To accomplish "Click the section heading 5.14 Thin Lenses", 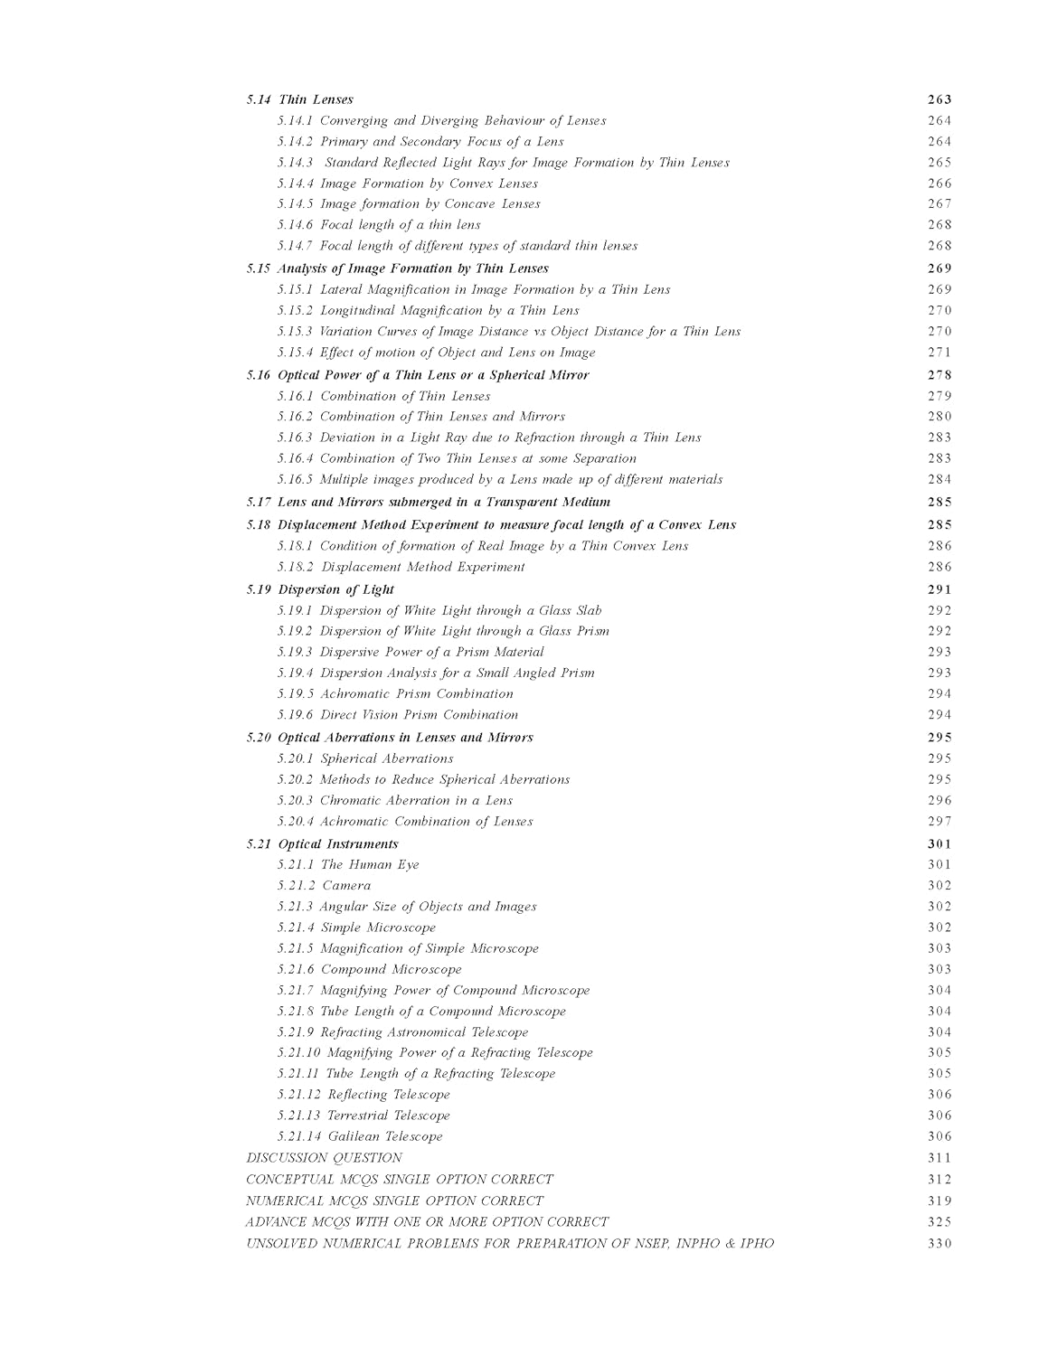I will pos(299,99).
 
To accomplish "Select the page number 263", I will pos(939,99).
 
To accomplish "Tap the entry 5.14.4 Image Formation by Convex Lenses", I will pos(407,184).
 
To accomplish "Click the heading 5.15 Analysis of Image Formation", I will pos(397,268).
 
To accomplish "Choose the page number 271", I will pos(939,353).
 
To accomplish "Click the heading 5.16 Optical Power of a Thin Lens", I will pos(417,375).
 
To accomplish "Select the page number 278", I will pos(939,375).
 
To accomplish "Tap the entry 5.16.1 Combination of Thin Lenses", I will pos(383,396).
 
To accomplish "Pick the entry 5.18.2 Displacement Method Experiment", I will pos(401,567).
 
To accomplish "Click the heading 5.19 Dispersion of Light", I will pos(320,589).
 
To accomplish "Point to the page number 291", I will pos(939,589).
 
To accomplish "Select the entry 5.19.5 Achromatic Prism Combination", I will pos(395,693).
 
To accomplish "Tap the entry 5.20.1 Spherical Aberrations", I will pos(365,758).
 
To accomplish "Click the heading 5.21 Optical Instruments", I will pos(322,843).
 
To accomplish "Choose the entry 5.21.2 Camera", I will pos(324,885).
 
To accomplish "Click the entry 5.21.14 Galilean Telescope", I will pos(360,1136).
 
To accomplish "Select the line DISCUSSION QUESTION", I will pos(324,1158).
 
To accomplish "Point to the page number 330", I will pos(939,1244).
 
